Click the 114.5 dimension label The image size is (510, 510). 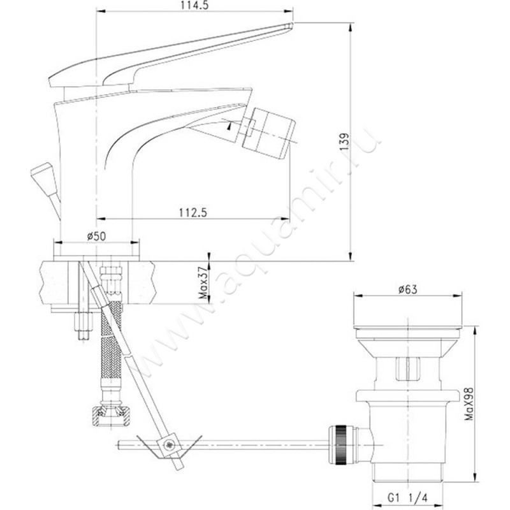point(194,5)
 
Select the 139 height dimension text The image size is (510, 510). point(344,141)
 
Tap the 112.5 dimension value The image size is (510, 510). point(193,213)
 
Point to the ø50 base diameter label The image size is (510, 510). point(96,236)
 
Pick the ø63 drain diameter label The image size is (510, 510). point(408,289)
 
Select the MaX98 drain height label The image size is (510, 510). point(469,404)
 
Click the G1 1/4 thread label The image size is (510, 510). point(407,498)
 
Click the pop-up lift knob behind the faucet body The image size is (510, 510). point(44,179)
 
